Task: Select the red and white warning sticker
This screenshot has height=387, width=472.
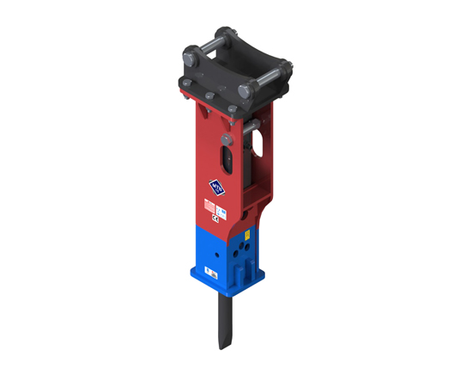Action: (209, 206)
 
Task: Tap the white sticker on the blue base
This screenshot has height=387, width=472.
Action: (209, 273)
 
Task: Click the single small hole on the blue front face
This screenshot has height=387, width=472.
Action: (219, 254)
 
